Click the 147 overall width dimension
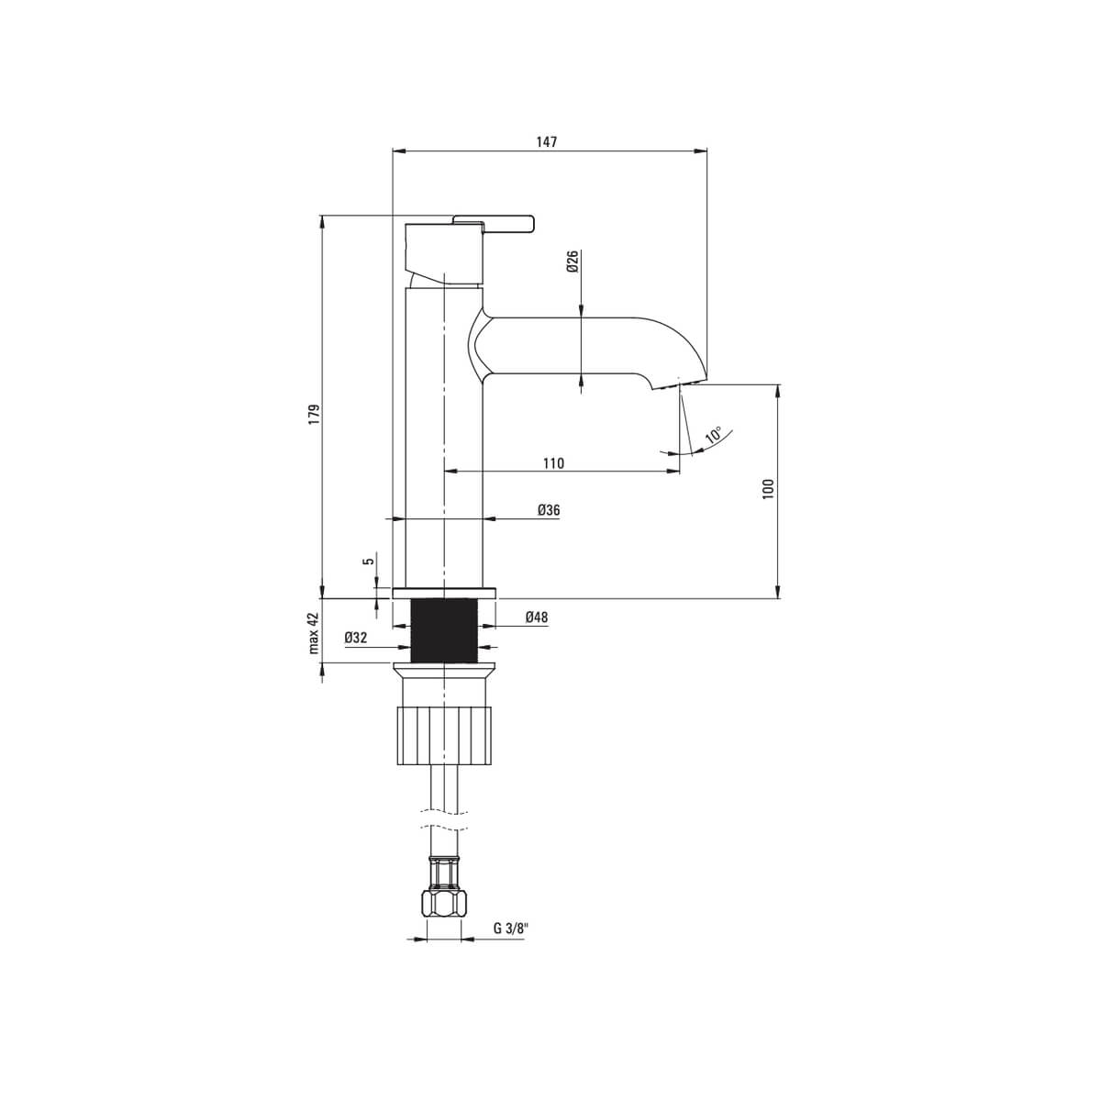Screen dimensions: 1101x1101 (x=547, y=142)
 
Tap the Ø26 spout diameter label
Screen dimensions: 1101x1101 (x=572, y=261)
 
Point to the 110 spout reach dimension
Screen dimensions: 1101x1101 (x=552, y=463)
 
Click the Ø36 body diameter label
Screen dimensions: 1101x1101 (x=549, y=510)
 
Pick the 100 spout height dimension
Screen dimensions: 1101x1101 (x=769, y=488)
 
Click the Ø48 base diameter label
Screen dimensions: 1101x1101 (x=537, y=618)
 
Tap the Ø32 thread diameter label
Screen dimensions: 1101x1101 (x=356, y=638)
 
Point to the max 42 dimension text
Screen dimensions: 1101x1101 (x=314, y=632)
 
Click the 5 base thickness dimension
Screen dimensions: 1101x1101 (x=368, y=561)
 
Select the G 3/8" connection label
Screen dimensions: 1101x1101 (x=511, y=928)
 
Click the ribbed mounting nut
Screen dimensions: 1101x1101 (x=444, y=734)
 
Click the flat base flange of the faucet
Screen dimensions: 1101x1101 (x=444, y=593)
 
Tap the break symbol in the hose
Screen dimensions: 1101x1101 (x=444, y=818)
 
